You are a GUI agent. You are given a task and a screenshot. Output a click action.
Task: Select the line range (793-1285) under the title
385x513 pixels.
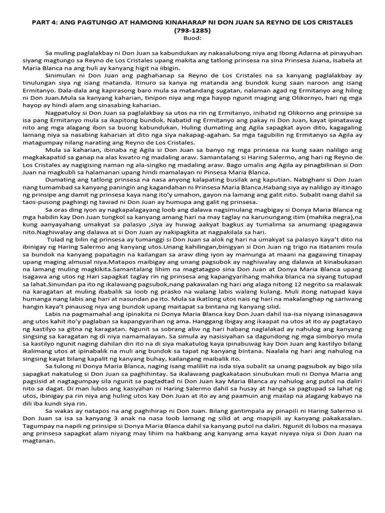click(192, 30)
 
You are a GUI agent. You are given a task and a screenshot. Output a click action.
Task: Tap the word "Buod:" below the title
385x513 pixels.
click(192, 38)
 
